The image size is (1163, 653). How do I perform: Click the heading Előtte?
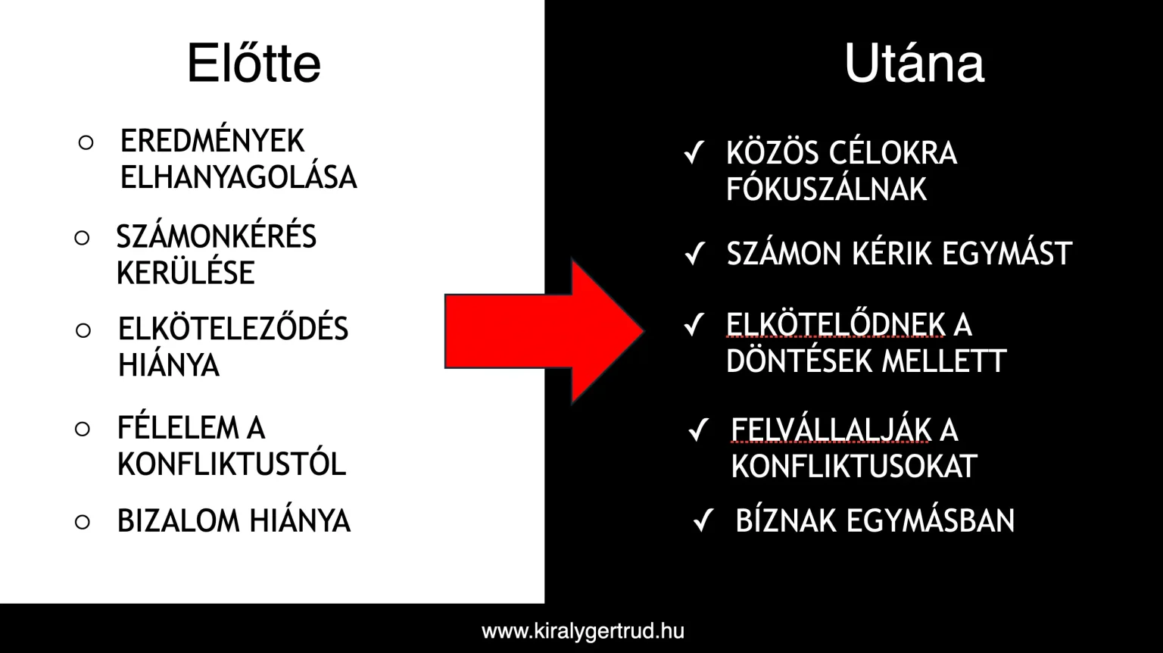coord(254,64)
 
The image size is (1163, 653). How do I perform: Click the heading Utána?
coord(914,64)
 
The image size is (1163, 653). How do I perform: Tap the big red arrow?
coord(544,332)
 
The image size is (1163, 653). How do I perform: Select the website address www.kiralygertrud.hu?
coord(583,631)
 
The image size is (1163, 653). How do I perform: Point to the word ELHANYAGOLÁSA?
coord(239,178)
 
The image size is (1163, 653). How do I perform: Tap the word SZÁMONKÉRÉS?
coord(217,236)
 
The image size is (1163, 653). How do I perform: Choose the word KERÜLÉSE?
coord(186,272)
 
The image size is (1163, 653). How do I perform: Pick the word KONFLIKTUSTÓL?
coord(232,464)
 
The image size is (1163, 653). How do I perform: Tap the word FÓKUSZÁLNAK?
coord(827,189)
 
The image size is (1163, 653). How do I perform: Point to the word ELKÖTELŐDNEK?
coord(835,325)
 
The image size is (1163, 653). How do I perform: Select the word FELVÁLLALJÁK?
coord(831,430)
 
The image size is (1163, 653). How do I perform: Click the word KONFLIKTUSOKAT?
coord(854,466)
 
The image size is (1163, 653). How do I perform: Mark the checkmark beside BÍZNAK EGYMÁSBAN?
coord(703,520)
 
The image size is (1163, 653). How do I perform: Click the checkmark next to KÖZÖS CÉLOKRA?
coord(694,153)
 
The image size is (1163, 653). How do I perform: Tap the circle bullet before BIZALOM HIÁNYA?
coord(83,522)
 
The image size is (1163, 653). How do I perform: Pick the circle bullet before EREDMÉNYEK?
coord(86,142)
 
